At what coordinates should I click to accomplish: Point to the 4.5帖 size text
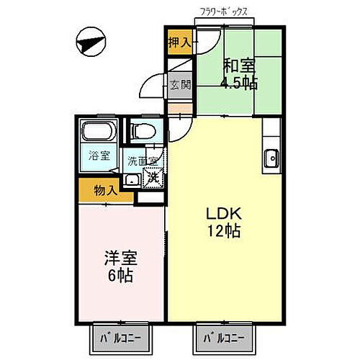tap(239, 81)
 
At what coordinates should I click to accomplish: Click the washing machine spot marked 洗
tap(152, 176)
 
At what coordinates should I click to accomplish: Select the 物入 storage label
tap(105, 191)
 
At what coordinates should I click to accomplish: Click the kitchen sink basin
tap(271, 158)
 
